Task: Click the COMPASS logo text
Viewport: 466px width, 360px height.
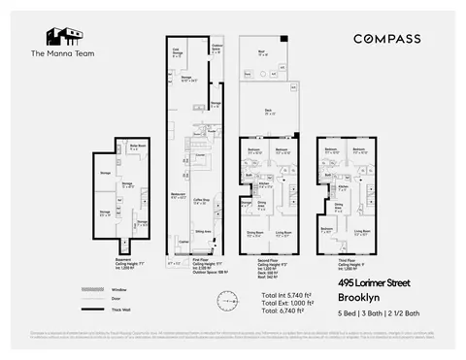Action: pos(386,39)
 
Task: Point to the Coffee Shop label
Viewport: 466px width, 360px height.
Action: pos(202,203)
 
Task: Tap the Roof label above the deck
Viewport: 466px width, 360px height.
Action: pos(262,53)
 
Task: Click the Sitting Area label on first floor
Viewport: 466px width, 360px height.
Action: pos(204,232)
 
